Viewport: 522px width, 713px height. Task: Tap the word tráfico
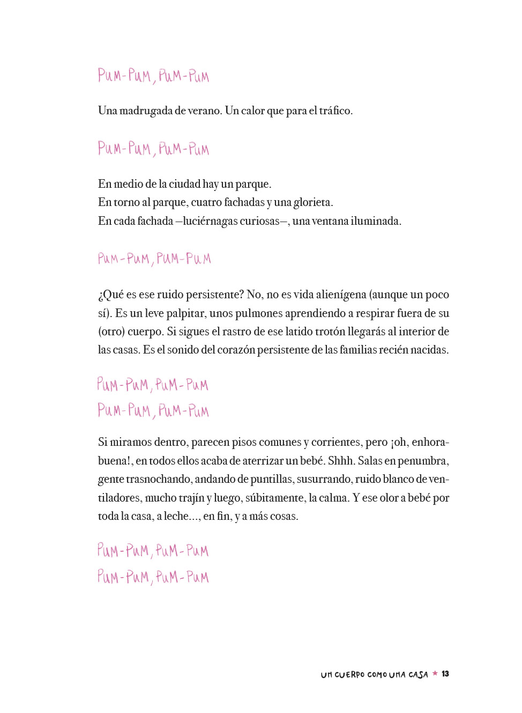[x=335, y=111]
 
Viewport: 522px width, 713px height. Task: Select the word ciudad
[x=184, y=184]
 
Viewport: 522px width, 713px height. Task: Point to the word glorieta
[x=313, y=202]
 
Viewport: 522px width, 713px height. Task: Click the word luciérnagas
[x=211, y=221]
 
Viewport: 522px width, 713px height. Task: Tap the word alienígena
[x=341, y=295]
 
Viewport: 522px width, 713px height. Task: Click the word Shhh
[x=340, y=461]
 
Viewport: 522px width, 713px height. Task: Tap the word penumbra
[x=423, y=461]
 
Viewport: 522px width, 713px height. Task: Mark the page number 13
[x=445, y=674]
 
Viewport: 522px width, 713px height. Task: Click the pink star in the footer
[x=435, y=673]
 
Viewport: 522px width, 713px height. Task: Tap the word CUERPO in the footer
[x=349, y=674]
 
